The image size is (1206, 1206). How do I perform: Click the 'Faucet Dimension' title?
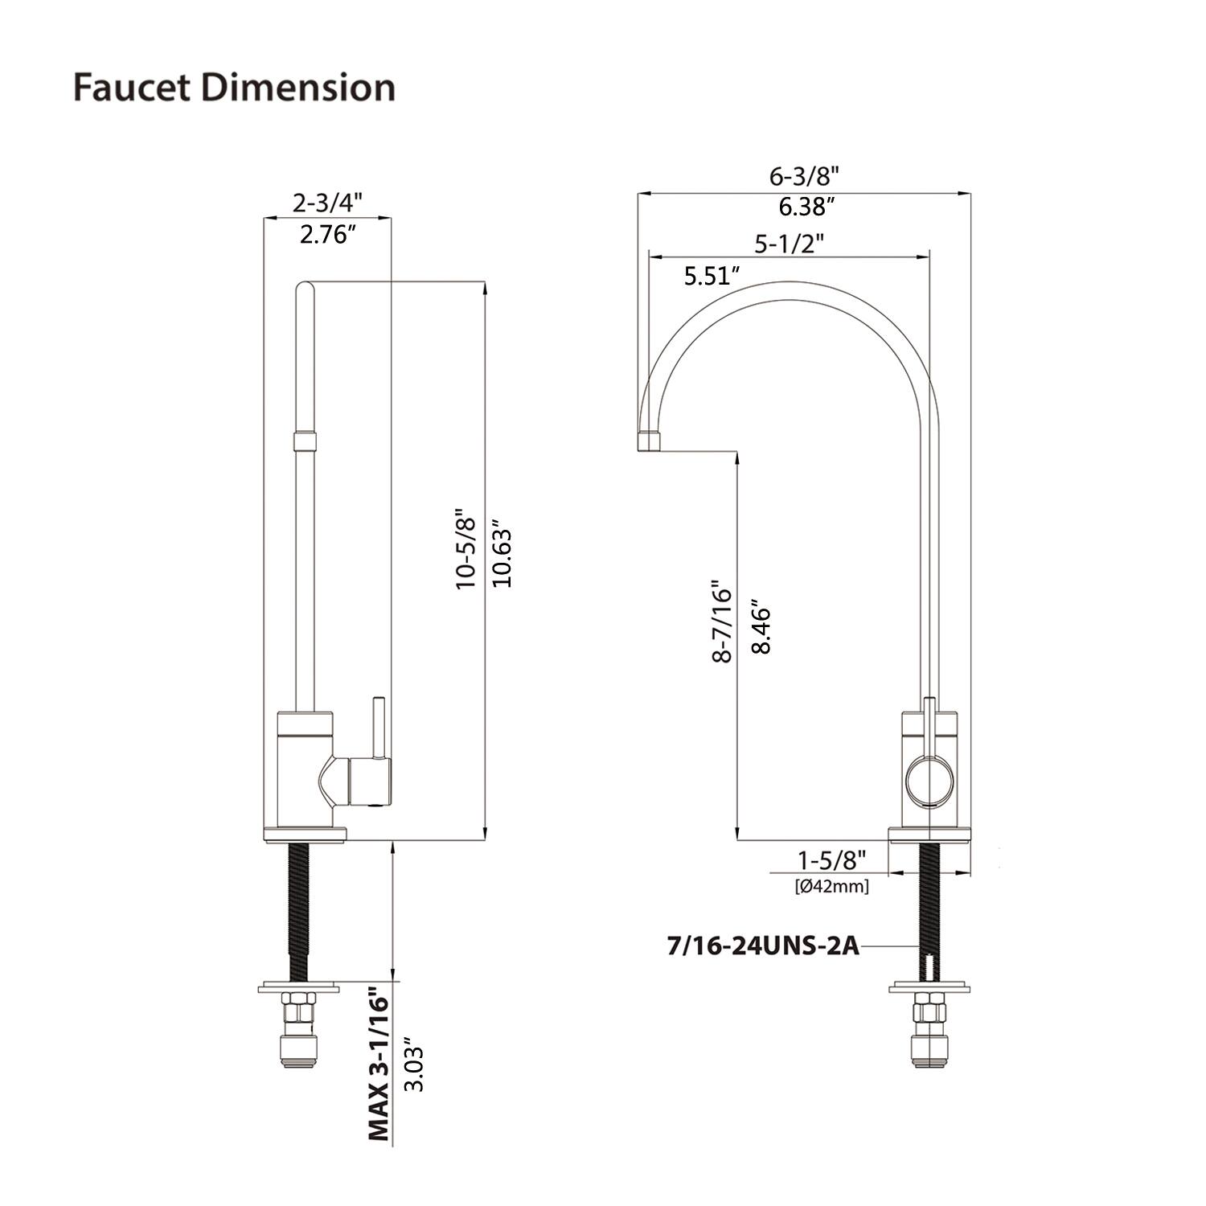pyautogui.click(x=234, y=87)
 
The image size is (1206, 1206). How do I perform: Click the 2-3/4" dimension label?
pyautogui.click(x=327, y=202)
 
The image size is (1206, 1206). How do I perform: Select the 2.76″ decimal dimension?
pyautogui.click(x=327, y=235)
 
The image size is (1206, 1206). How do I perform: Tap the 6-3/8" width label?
pyautogui.click(x=803, y=176)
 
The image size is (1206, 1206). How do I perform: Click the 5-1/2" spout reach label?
pyautogui.click(x=789, y=243)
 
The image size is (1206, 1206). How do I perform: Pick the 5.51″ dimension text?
pyautogui.click(x=712, y=277)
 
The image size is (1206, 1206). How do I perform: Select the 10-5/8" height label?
pyautogui.click(x=467, y=549)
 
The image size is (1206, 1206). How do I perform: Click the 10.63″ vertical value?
pyautogui.click(x=502, y=556)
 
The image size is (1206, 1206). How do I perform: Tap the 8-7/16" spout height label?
pyautogui.click(x=721, y=621)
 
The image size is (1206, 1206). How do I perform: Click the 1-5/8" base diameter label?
pyautogui.click(x=831, y=860)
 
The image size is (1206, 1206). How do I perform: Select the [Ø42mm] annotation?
pyautogui.click(x=831, y=887)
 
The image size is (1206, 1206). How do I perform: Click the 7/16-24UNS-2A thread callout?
pyautogui.click(x=763, y=946)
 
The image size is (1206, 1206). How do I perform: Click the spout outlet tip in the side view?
pyautogui.click(x=649, y=441)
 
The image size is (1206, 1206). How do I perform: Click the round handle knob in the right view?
pyautogui.click(x=929, y=781)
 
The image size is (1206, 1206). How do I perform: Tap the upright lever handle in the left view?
pyautogui.click(x=376, y=728)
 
